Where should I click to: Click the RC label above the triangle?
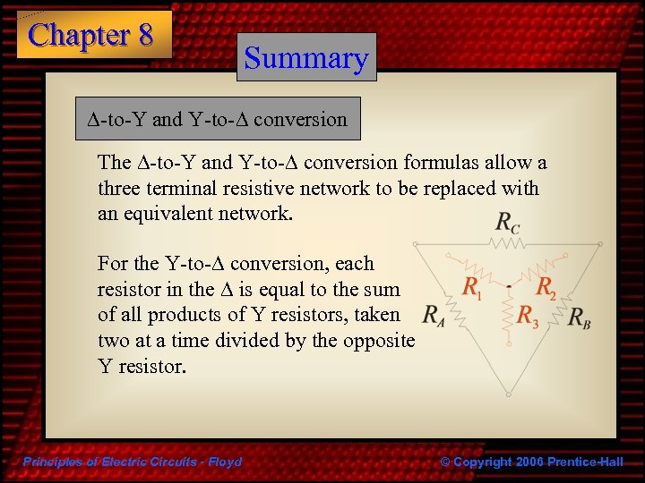[x=507, y=224]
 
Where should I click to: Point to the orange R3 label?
[x=529, y=316]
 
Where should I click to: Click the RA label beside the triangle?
[x=434, y=316]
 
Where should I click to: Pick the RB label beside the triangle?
[x=579, y=318]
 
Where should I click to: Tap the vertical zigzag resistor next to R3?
[x=507, y=313]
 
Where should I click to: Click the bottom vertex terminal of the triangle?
[x=507, y=391]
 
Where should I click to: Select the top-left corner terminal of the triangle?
[x=416, y=244]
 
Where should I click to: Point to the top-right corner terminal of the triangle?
[x=598, y=244]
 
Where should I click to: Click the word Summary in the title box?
[x=306, y=58]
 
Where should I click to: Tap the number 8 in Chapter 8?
[x=145, y=35]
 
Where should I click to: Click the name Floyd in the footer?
[x=223, y=462]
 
